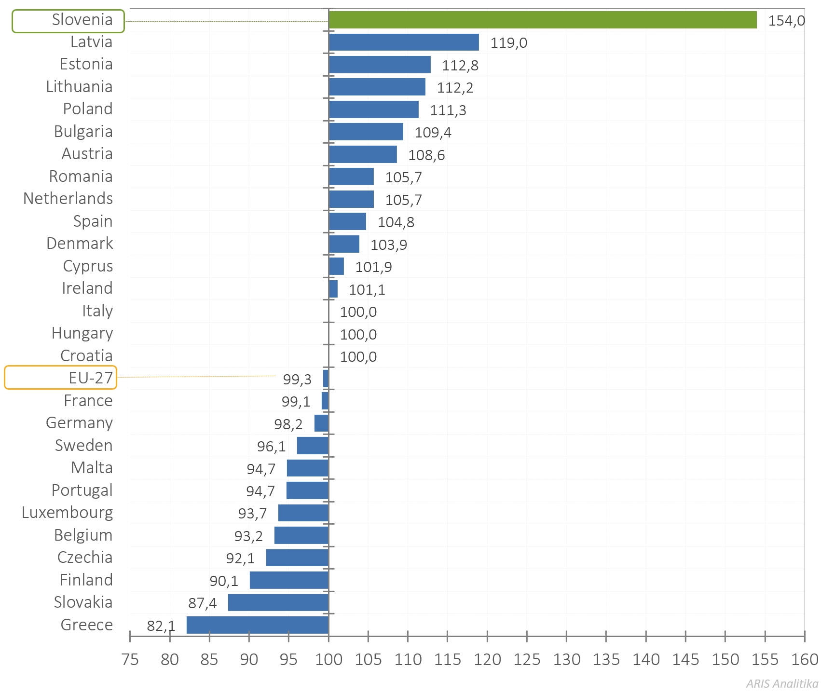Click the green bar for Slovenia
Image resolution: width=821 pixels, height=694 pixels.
pyautogui.click(x=542, y=20)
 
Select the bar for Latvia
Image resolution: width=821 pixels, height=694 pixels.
pyautogui.click(x=404, y=42)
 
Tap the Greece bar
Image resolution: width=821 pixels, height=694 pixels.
pyautogui.click(x=258, y=625)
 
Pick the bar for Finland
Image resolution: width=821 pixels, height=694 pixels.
pyautogui.click(x=289, y=580)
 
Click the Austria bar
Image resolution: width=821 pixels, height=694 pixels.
pyautogui.click(x=363, y=154)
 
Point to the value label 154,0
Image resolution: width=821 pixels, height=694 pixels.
pyautogui.click(x=786, y=21)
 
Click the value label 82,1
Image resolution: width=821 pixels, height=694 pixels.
pyautogui.click(x=161, y=626)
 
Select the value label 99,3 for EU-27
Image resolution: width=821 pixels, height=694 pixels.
pyautogui.click(x=297, y=380)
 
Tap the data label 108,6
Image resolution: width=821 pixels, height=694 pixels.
pyautogui.click(x=426, y=155)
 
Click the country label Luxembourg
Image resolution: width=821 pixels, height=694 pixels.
pyautogui.click(x=68, y=513)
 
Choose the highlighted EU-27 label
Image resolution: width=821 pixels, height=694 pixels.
pyautogui.click(x=61, y=378)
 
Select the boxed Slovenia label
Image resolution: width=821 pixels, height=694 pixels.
pyautogui.click(x=68, y=21)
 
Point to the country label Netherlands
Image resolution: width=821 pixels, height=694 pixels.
pyautogui.click(x=68, y=199)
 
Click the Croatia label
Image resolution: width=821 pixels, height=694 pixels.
pyautogui.click(x=86, y=356)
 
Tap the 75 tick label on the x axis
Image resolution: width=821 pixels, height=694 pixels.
pyautogui.click(x=130, y=659)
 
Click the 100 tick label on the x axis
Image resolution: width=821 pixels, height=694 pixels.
pyautogui.click(x=328, y=659)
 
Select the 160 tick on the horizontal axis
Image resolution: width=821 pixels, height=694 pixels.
pyautogui.click(x=805, y=659)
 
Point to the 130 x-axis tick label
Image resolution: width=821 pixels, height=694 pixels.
pyautogui.click(x=566, y=659)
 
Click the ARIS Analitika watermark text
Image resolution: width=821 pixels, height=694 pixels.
pyautogui.click(x=782, y=683)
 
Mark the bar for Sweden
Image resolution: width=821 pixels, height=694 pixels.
pyautogui.click(x=313, y=446)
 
